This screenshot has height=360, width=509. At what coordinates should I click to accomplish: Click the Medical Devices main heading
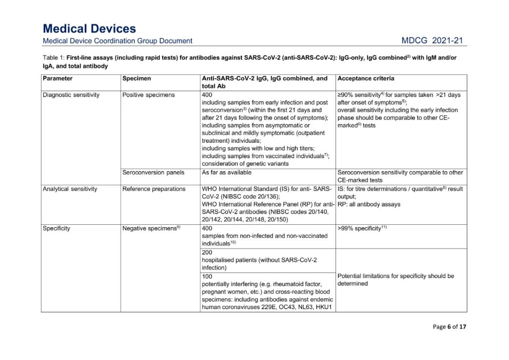(89, 29)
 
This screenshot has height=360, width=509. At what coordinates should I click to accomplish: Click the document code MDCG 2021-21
(432, 41)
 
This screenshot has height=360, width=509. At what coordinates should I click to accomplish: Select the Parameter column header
(57, 78)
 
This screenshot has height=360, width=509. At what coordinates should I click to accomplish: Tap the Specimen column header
(137, 78)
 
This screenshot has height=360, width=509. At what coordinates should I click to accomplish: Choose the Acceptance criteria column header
(366, 78)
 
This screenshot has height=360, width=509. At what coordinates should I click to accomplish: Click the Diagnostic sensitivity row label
(71, 95)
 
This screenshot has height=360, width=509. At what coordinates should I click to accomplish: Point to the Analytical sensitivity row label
(70, 189)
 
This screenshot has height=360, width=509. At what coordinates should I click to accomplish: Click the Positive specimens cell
(148, 95)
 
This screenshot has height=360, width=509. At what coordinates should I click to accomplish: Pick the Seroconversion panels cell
(153, 172)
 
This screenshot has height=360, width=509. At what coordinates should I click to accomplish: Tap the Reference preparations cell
(154, 189)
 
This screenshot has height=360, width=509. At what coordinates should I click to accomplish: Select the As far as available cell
(227, 172)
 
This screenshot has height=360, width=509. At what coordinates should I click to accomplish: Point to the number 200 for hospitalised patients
(207, 253)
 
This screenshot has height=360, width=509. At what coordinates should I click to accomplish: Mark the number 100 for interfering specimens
(207, 277)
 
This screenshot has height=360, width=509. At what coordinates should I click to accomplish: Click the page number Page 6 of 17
(449, 327)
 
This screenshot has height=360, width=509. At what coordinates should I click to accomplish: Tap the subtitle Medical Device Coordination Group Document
(117, 41)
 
